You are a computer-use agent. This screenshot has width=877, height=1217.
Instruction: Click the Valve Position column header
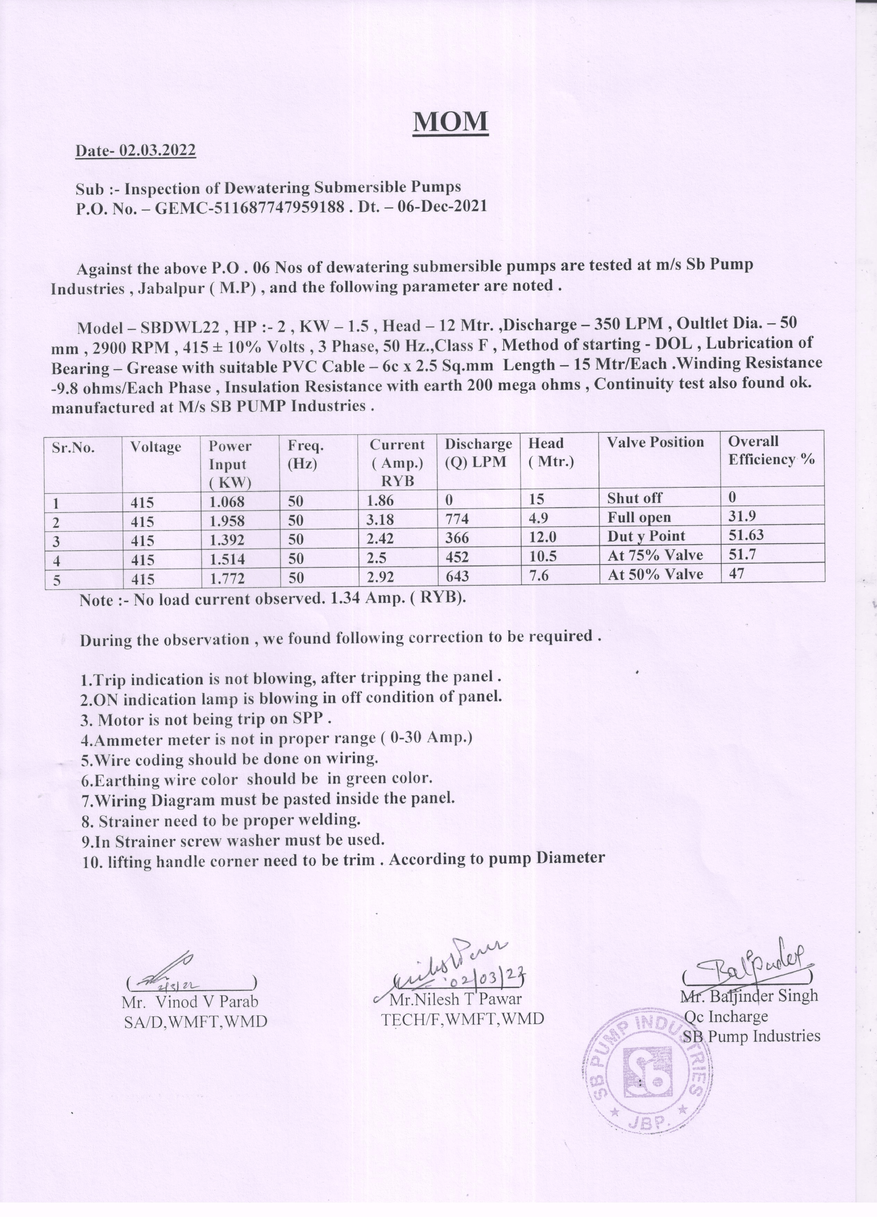pyautogui.click(x=655, y=443)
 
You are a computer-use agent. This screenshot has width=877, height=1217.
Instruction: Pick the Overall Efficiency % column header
pyautogui.click(x=771, y=451)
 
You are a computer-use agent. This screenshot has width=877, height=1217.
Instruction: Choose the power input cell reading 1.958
pyautogui.click(x=227, y=521)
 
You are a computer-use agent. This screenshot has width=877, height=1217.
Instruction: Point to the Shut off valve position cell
pyautogui.click(x=635, y=499)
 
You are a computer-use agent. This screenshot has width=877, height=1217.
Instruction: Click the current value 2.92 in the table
pyautogui.click(x=380, y=577)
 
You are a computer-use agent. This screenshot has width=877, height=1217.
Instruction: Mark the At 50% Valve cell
pyautogui.click(x=655, y=575)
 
